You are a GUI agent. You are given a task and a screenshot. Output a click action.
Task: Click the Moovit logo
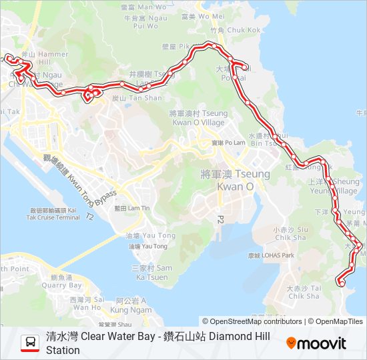[316, 343]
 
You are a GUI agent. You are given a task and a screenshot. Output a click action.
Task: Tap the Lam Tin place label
[132, 208]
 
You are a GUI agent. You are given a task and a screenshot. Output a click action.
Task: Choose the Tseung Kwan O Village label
[198, 119]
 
